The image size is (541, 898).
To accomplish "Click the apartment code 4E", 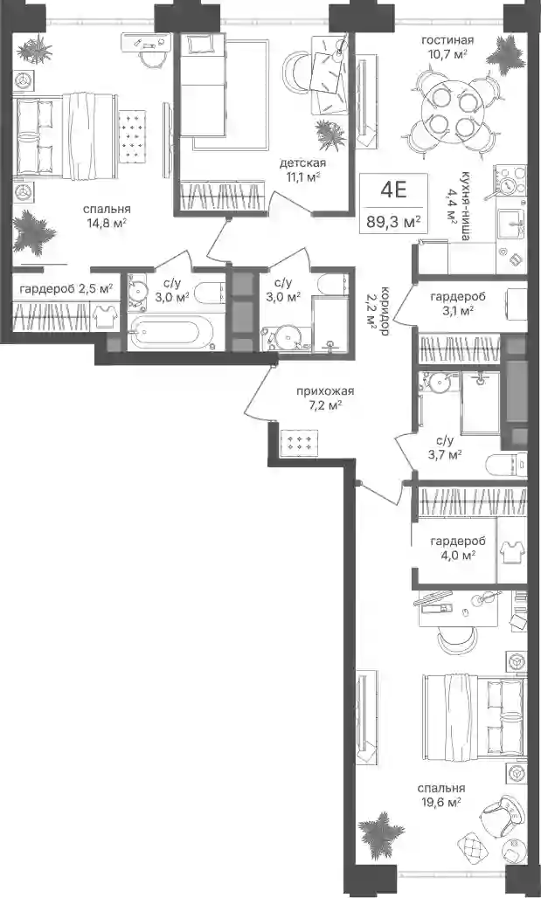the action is pos(393,190).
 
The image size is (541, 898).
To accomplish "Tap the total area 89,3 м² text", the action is pos(393,221).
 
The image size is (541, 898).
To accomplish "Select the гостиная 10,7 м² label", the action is pos(447,46).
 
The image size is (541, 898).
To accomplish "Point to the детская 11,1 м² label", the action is pos(302,170).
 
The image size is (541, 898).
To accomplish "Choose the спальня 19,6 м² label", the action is pos(440,796).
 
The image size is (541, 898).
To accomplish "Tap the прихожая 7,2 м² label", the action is pos(325,398).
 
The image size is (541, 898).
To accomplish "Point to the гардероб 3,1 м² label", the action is pos(458,303).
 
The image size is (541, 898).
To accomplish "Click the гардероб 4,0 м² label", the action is pos(458,548).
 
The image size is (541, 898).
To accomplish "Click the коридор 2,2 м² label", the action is pos(378,308).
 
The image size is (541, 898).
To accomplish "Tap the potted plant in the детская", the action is pos(330,135).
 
